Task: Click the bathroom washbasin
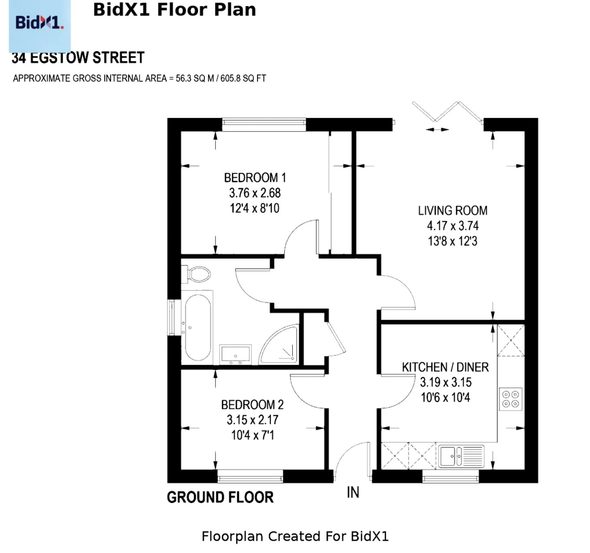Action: pos(235,354)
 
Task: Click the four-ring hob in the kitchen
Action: pos(511,399)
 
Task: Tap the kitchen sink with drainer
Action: pos(461,456)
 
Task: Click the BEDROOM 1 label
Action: pos(255,178)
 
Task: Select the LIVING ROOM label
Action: pos(453,211)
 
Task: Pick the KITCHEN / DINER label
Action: pos(445,367)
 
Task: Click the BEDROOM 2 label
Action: pos(253,405)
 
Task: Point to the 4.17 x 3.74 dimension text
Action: pos(453,226)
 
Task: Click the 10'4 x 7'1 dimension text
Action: pos(253,435)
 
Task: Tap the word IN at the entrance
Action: pos(353,492)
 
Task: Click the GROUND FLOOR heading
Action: pos(220,497)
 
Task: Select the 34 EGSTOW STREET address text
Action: pos(78,58)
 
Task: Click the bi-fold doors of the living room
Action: pos(447,112)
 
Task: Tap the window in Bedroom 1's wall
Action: pos(264,124)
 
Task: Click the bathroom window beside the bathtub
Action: pos(171,317)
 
